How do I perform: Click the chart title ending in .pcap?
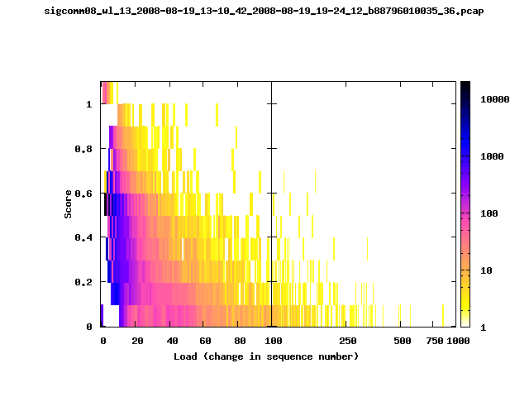[264, 11]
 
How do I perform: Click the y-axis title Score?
[68, 204]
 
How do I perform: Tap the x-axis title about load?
[266, 356]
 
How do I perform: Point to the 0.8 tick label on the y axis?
[83, 149]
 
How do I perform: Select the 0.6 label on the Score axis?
[83, 194]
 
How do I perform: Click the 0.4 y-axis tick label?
[83, 237]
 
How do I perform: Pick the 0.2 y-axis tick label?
[83, 282]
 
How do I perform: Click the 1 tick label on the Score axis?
[89, 104]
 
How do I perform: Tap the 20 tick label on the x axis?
[137, 341]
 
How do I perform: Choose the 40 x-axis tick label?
[172, 341]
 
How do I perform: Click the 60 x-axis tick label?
[205, 341]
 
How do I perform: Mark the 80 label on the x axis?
[240, 341]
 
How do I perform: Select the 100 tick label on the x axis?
[274, 341]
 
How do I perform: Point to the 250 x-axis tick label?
[348, 341]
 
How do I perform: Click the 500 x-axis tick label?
[403, 341]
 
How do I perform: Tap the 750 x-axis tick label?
[435, 341]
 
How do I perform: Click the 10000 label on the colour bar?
[495, 99]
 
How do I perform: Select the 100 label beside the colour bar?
[489, 213]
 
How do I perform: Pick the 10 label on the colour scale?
[486, 270]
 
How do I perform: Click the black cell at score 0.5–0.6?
[106, 204]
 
